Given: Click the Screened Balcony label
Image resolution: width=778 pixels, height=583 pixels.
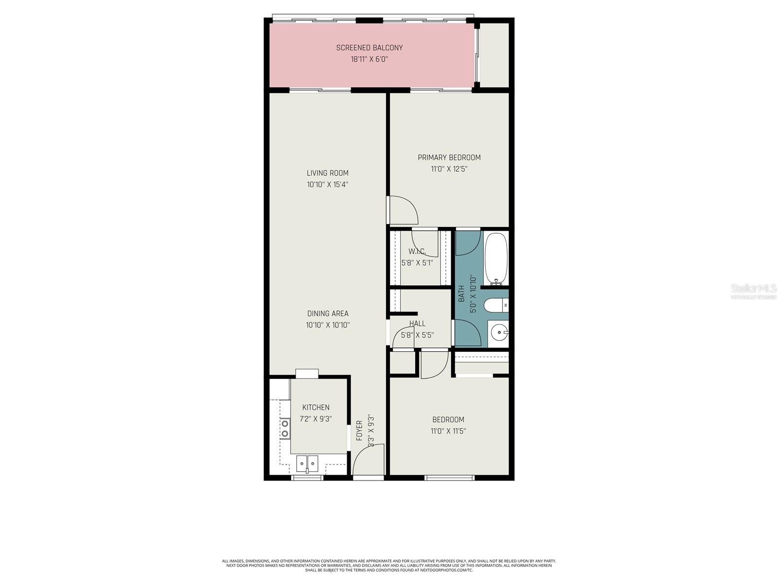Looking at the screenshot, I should [x=370, y=48].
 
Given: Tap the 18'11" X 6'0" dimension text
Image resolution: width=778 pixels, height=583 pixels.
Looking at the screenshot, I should [x=370, y=59].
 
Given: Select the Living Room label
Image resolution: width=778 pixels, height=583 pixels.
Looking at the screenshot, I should [x=327, y=173].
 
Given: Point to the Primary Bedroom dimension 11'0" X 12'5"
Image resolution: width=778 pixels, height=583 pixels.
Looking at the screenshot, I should [x=449, y=169].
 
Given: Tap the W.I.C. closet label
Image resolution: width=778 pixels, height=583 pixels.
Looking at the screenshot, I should [x=417, y=251].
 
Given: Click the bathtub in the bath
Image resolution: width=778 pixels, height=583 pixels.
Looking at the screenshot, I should [x=496, y=259].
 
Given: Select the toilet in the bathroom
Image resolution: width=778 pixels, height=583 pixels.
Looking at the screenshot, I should [x=495, y=305].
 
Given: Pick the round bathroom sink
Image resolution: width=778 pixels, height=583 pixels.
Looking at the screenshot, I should [x=499, y=333].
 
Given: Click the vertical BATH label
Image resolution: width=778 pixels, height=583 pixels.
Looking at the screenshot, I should [x=461, y=293].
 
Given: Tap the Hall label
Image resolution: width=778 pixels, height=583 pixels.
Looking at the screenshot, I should [x=417, y=324].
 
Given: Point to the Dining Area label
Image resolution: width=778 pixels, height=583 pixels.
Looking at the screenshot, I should [x=327, y=313].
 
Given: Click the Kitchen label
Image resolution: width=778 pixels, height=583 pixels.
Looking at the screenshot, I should [x=316, y=408].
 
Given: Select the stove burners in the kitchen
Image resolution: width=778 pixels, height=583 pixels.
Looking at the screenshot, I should [x=284, y=428].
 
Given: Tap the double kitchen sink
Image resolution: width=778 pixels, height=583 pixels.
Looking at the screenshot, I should [x=307, y=463].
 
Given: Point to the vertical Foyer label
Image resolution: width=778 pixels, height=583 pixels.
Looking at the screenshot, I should [x=359, y=430].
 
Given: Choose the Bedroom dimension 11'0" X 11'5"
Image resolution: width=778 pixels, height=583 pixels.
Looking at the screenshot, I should [x=448, y=431].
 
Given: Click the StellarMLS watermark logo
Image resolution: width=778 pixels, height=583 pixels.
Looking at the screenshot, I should [x=753, y=289].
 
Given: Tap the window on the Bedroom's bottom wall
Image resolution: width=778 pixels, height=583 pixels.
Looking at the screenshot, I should [x=449, y=478].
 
